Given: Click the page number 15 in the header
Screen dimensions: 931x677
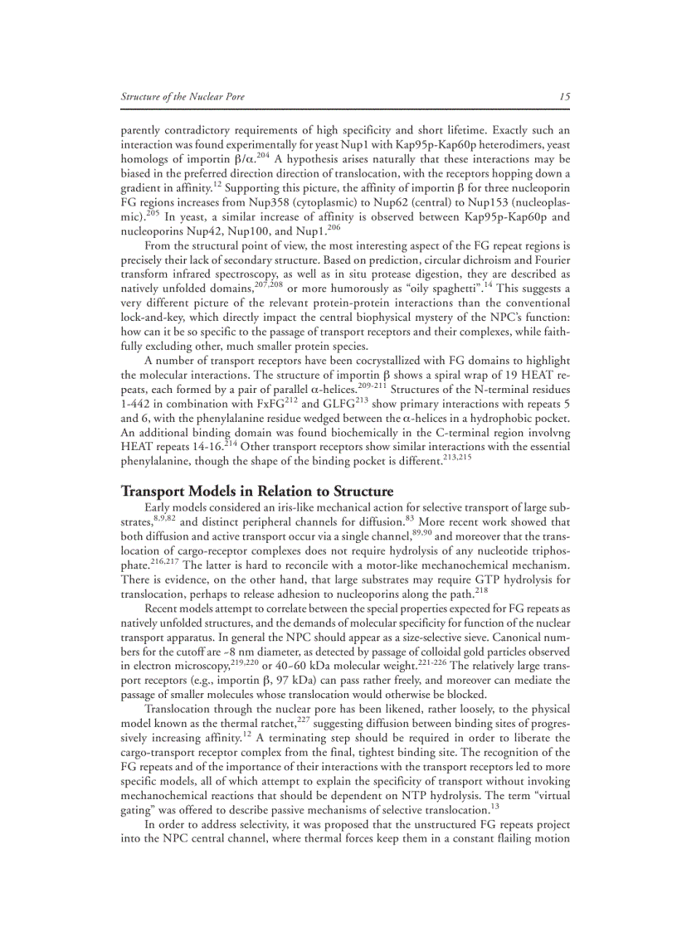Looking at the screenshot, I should coord(564,97).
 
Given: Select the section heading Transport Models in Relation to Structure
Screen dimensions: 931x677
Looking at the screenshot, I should coord(257,491).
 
